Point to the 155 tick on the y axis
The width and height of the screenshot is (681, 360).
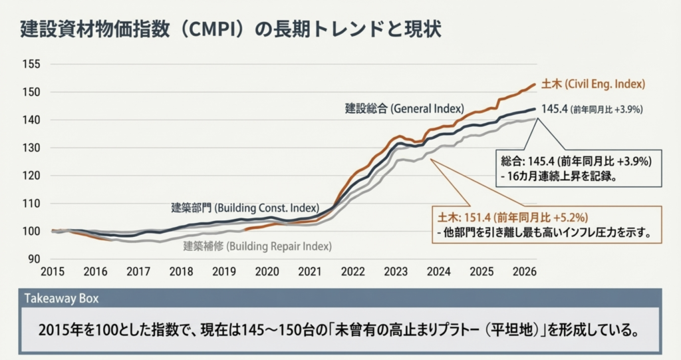pyautogui.click(x=32, y=65)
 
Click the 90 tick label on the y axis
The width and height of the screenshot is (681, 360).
pyautogui.click(x=34, y=260)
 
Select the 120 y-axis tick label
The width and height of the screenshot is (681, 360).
pyautogui.click(x=32, y=176)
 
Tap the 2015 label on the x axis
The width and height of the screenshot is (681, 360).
pyautogui.click(x=53, y=271)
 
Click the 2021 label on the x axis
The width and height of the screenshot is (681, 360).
pyautogui.click(x=309, y=271)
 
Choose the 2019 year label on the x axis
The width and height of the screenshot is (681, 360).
pyautogui.click(x=224, y=271)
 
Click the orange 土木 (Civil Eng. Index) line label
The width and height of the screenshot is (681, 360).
pyautogui.click(x=593, y=85)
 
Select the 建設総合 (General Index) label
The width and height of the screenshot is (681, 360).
pyautogui.click(x=404, y=108)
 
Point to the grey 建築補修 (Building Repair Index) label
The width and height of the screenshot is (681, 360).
pyautogui.click(x=257, y=246)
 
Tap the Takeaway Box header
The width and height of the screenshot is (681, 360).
pyautogui.click(x=61, y=299)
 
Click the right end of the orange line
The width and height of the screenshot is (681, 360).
pyautogui.click(x=535, y=85)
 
